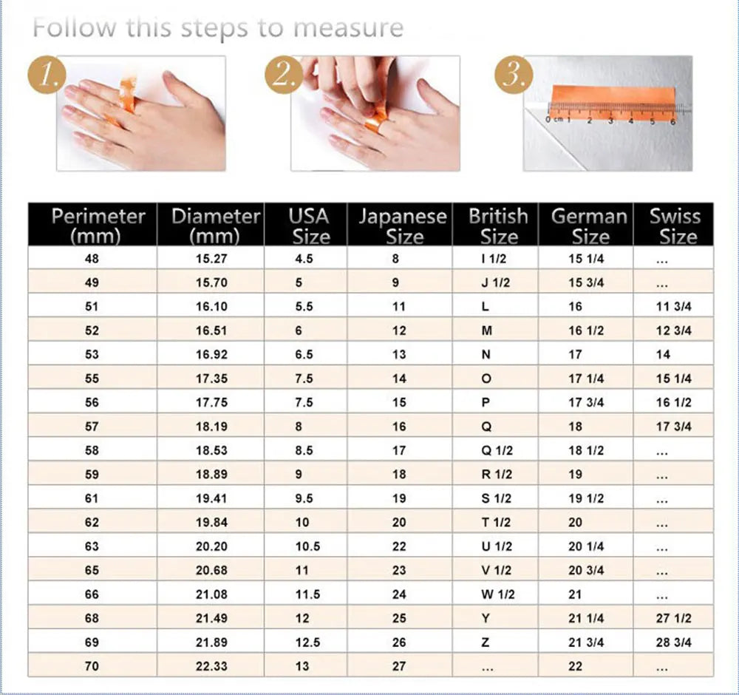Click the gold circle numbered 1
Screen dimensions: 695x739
48,76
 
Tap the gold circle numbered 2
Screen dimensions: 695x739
283,76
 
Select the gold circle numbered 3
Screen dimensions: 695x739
512,76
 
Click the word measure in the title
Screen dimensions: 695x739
348,29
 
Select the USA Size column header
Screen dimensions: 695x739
308,226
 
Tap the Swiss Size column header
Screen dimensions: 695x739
674,226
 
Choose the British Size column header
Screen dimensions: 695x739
498,226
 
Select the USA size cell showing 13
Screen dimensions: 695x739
302,666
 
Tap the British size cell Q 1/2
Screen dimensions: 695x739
497,450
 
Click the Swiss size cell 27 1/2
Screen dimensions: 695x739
673,618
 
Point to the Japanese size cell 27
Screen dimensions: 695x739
399,666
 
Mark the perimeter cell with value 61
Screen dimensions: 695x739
92,498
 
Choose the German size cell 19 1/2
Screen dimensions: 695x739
586,498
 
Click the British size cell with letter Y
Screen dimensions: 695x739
486,618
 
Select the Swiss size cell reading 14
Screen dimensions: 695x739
663,354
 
